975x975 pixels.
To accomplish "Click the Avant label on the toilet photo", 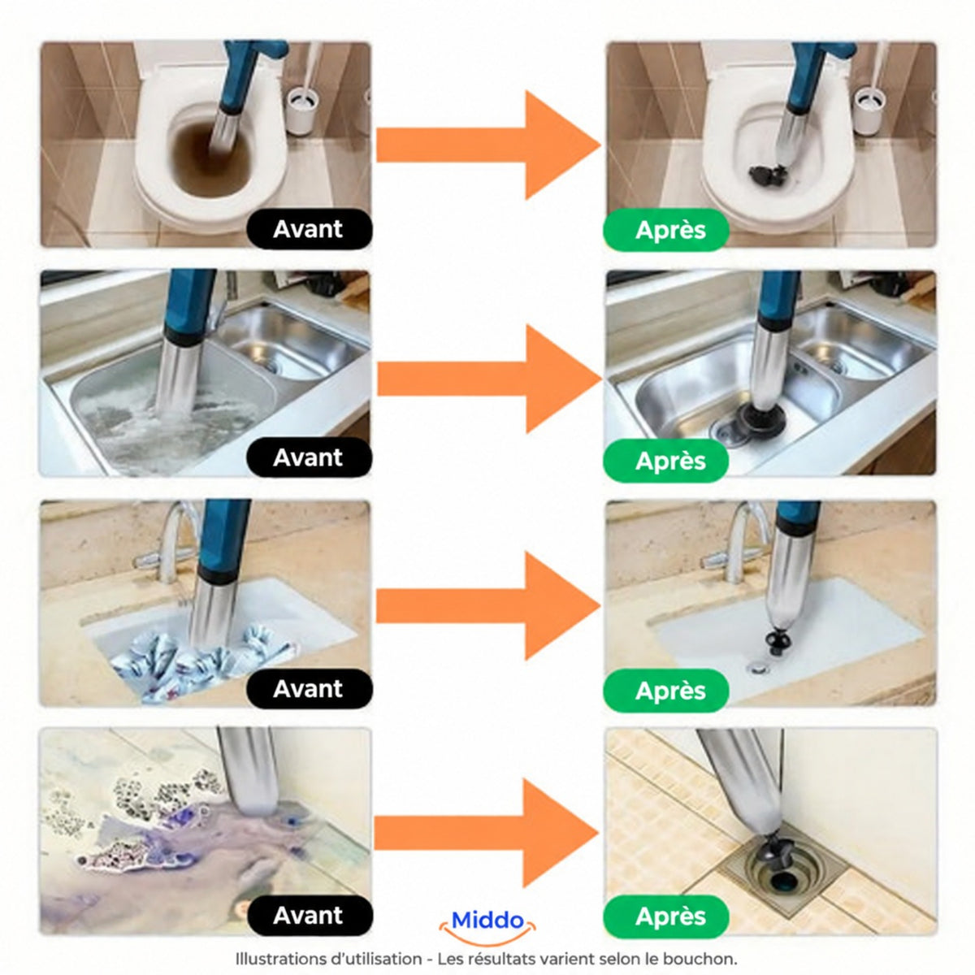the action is coord(309,229).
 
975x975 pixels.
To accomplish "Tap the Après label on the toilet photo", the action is coord(666,230).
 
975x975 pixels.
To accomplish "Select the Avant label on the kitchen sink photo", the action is coord(309,458).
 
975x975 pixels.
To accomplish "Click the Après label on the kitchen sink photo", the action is coord(666,461).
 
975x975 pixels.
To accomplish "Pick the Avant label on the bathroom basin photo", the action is coord(309,689).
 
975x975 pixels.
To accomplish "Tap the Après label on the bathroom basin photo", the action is coord(666,691).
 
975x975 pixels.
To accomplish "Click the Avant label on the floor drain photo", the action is coord(309,916).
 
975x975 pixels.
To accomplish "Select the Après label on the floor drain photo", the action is coord(666,916).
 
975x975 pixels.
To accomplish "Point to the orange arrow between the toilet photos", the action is coord(488,145).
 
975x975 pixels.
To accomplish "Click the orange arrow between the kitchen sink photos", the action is coord(488,379).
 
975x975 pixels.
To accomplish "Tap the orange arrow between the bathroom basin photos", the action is coord(488,605).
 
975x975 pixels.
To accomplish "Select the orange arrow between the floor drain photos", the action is coord(487,834).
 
